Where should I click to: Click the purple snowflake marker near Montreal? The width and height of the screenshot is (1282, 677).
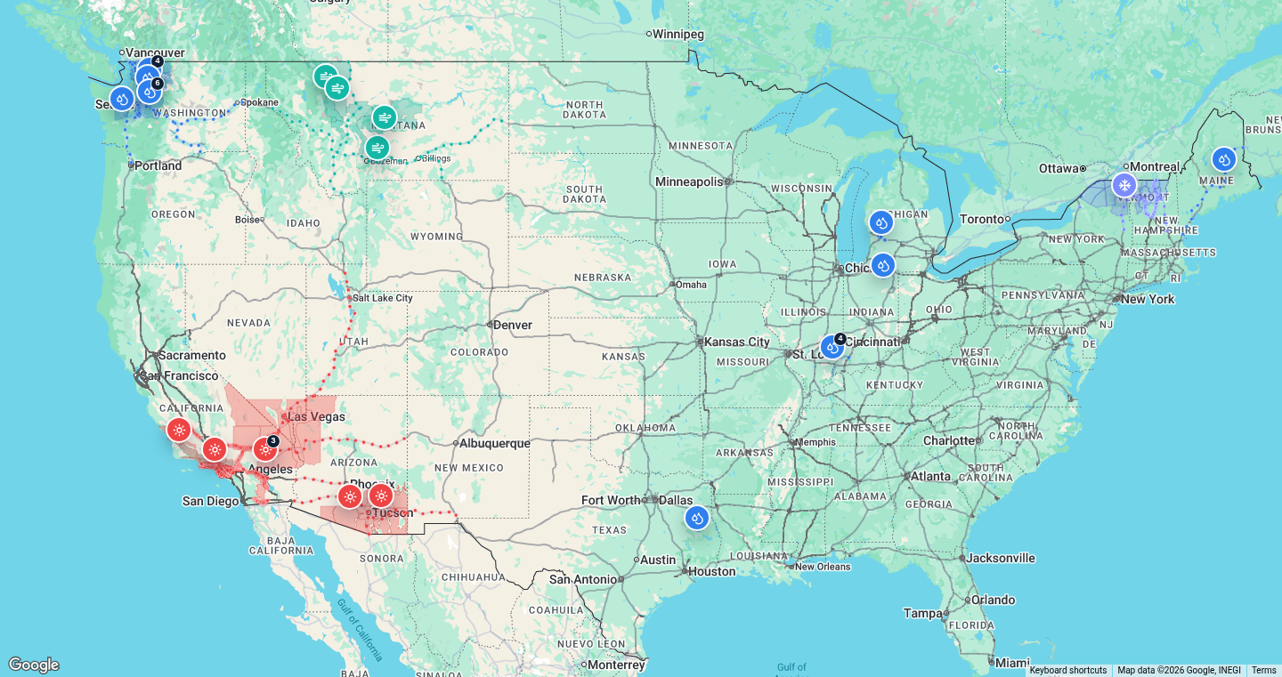click(1124, 185)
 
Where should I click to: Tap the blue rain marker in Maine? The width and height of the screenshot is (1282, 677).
click(1224, 159)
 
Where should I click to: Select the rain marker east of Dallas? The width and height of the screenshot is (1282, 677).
click(697, 517)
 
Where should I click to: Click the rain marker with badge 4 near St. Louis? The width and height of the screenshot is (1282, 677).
click(832, 347)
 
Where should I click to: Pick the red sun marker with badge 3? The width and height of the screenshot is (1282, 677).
click(265, 449)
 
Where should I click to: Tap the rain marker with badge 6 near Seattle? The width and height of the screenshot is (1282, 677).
click(149, 91)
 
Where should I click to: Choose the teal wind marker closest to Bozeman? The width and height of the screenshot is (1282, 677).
click(377, 148)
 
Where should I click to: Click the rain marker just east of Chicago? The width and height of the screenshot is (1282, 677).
click(882, 264)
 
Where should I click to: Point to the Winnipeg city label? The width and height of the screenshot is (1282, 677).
click(678, 34)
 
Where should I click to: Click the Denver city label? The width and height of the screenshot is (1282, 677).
click(513, 325)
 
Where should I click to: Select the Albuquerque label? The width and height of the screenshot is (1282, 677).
click(494, 443)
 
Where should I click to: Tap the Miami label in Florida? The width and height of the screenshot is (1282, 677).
click(1012, 663)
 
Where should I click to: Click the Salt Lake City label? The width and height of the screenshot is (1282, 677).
click(383, 298)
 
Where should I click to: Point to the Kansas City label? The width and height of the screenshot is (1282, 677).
click(737, 342)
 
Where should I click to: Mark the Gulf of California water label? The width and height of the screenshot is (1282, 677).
click(361, 630)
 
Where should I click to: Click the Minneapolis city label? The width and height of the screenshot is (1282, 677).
click(689, 181)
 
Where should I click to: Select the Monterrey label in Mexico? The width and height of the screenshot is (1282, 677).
click(616, 665)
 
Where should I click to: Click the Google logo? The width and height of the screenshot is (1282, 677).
click(34, 665)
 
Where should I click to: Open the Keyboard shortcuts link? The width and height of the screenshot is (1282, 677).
click(1067, 671)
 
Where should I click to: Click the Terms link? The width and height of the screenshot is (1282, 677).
click(1263, 671)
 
